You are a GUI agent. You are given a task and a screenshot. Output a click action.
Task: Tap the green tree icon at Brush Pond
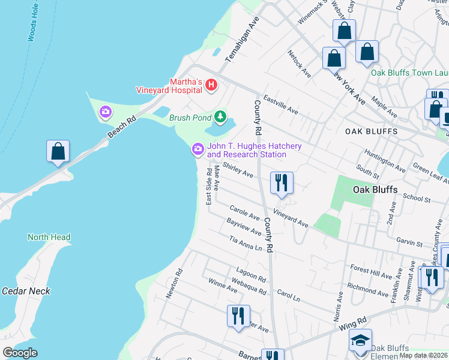point(221,116)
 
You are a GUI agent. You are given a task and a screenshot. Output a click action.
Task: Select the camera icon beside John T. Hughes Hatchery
point(197,149)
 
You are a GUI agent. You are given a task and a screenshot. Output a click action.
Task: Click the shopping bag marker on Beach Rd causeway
point(58,152)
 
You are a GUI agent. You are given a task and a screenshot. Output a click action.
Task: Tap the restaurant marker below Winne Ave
point(238,316)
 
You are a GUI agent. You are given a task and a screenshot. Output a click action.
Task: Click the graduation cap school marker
point(360,340)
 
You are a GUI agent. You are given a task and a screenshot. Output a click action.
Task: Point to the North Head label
point(49,237)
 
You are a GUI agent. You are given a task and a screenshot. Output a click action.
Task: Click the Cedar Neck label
point(26,291)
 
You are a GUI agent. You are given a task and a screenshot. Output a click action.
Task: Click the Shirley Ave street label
point(238,170)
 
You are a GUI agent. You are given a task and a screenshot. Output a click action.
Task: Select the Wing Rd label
point(354,325)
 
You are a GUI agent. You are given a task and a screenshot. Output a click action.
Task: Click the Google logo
point(20,353)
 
